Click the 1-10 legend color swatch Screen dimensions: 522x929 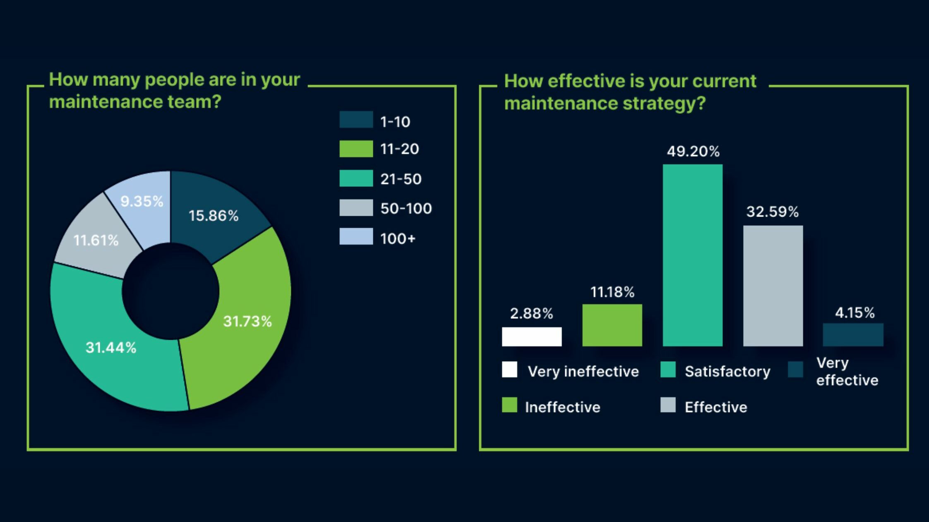coord(356,120)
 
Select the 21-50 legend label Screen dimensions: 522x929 coord(401,179)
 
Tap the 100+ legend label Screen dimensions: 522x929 coord(398,238)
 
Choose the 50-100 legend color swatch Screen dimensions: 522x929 coord(356,208)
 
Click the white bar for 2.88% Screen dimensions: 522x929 coord(532,336)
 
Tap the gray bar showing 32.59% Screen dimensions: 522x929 coord(773,286)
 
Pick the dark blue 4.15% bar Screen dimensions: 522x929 coord(853,335)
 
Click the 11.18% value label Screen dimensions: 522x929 coord(612,292)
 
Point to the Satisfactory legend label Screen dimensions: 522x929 coord(727,371)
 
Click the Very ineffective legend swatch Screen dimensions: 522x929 coord(509,369)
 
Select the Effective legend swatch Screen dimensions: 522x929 coord(668,405)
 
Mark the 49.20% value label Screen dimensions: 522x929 coord(693,151)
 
